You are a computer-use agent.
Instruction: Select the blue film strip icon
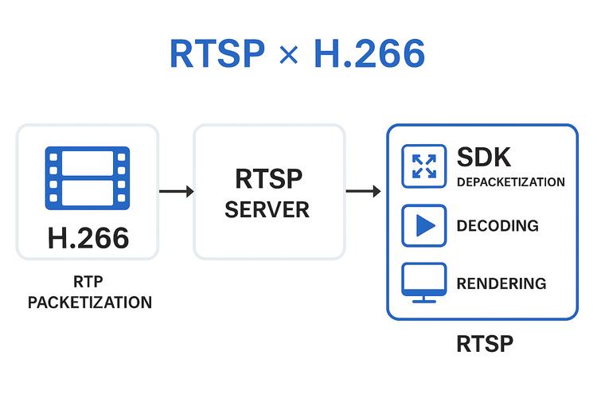(x=88, y=178)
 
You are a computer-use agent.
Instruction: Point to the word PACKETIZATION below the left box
(x=89, y=302)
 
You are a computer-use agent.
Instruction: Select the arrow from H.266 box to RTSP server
(x=176, y=191)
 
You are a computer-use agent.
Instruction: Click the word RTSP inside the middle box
(x=269, y=178)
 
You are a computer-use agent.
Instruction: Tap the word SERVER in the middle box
(x=267, y=210)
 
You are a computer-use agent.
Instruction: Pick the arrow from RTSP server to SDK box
(x=364, y=191)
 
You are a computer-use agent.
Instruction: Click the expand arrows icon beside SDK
(x=423, y=166)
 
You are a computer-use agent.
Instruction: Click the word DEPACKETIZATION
(x=510, y=182)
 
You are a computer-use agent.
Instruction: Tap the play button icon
(x=423, y=225)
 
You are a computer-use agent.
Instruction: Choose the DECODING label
(x=497, y=226)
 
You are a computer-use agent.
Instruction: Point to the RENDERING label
(x=501, y=283)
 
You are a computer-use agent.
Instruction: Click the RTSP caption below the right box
(x=485, y=344)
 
